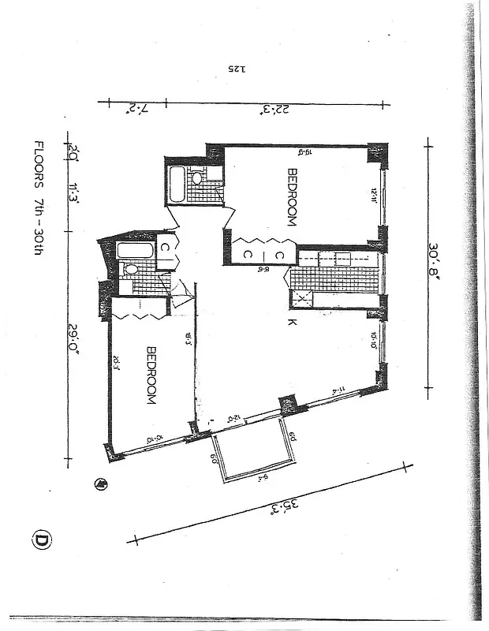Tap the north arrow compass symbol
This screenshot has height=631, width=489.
pyautogui.click(x=100, y=484)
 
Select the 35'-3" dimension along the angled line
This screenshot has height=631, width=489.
pyautogui.click(x=274, y=503)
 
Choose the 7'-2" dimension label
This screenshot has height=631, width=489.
pyautogui.click(x=128, y=108)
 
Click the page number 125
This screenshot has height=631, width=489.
pyautogui.click(x=237, y=69)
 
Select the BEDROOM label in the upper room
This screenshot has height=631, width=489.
pyautogui.click(x=291, y=197)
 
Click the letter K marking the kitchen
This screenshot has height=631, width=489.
pyautogui.click(x=291, y=323)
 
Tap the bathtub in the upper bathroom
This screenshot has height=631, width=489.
pyautogui.click(x=177, y=183)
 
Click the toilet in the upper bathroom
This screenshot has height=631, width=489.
pyautogui.click(x=197, y=178)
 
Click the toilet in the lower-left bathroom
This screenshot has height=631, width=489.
pyautogui.click(x=132, y=271)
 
